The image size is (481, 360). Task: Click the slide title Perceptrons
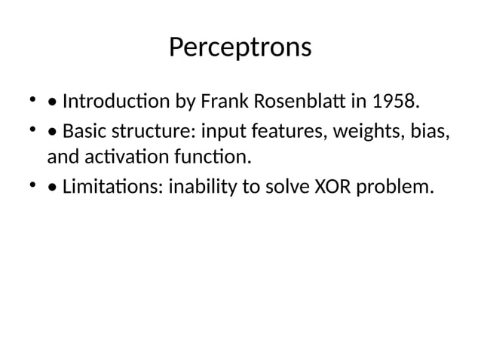tap(240, 47)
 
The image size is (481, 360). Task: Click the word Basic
tap(84, 133)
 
